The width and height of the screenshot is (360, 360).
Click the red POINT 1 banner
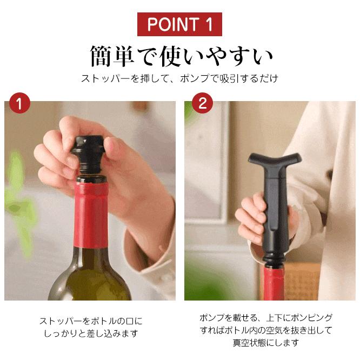179,24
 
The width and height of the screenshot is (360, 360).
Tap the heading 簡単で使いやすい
180,56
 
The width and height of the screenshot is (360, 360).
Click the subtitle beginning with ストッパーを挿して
180,78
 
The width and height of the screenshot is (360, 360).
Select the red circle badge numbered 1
19,103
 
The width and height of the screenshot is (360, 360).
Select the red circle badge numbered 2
202,103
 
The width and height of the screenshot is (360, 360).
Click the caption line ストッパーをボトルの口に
90,321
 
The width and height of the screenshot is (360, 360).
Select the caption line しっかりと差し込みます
90,334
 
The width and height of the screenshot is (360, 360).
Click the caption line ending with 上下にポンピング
266,317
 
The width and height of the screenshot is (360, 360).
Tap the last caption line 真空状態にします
266,343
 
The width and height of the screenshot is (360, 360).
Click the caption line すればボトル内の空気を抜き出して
266,330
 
